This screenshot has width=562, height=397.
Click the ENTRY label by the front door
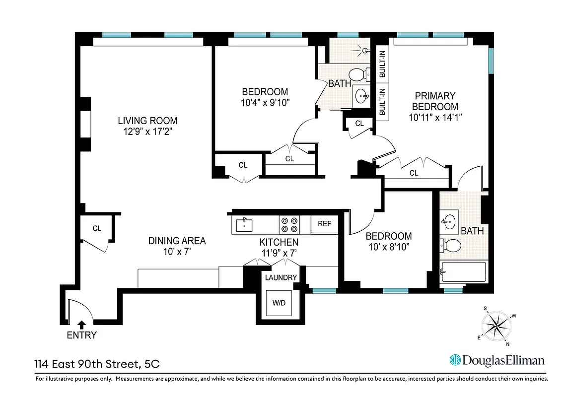(x=81, y=335)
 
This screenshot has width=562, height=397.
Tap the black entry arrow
(x=81, y=325)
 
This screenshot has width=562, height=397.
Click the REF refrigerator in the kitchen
(x=324, y=224)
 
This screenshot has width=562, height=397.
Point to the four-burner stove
(x=289, y=225)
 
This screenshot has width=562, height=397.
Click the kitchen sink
(x=244, y=224)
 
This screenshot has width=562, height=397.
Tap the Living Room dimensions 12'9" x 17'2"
(x=147, y=132)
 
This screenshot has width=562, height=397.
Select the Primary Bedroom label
(x=435, y=101)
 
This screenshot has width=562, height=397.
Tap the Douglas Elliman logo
(x=497, y=360)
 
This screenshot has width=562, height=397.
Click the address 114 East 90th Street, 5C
(x=97, y=364)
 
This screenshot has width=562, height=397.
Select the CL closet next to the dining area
(x=97, y=228)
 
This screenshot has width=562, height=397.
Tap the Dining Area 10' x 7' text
(x=177, y=246)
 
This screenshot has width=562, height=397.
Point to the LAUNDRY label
(x=281, y=277)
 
